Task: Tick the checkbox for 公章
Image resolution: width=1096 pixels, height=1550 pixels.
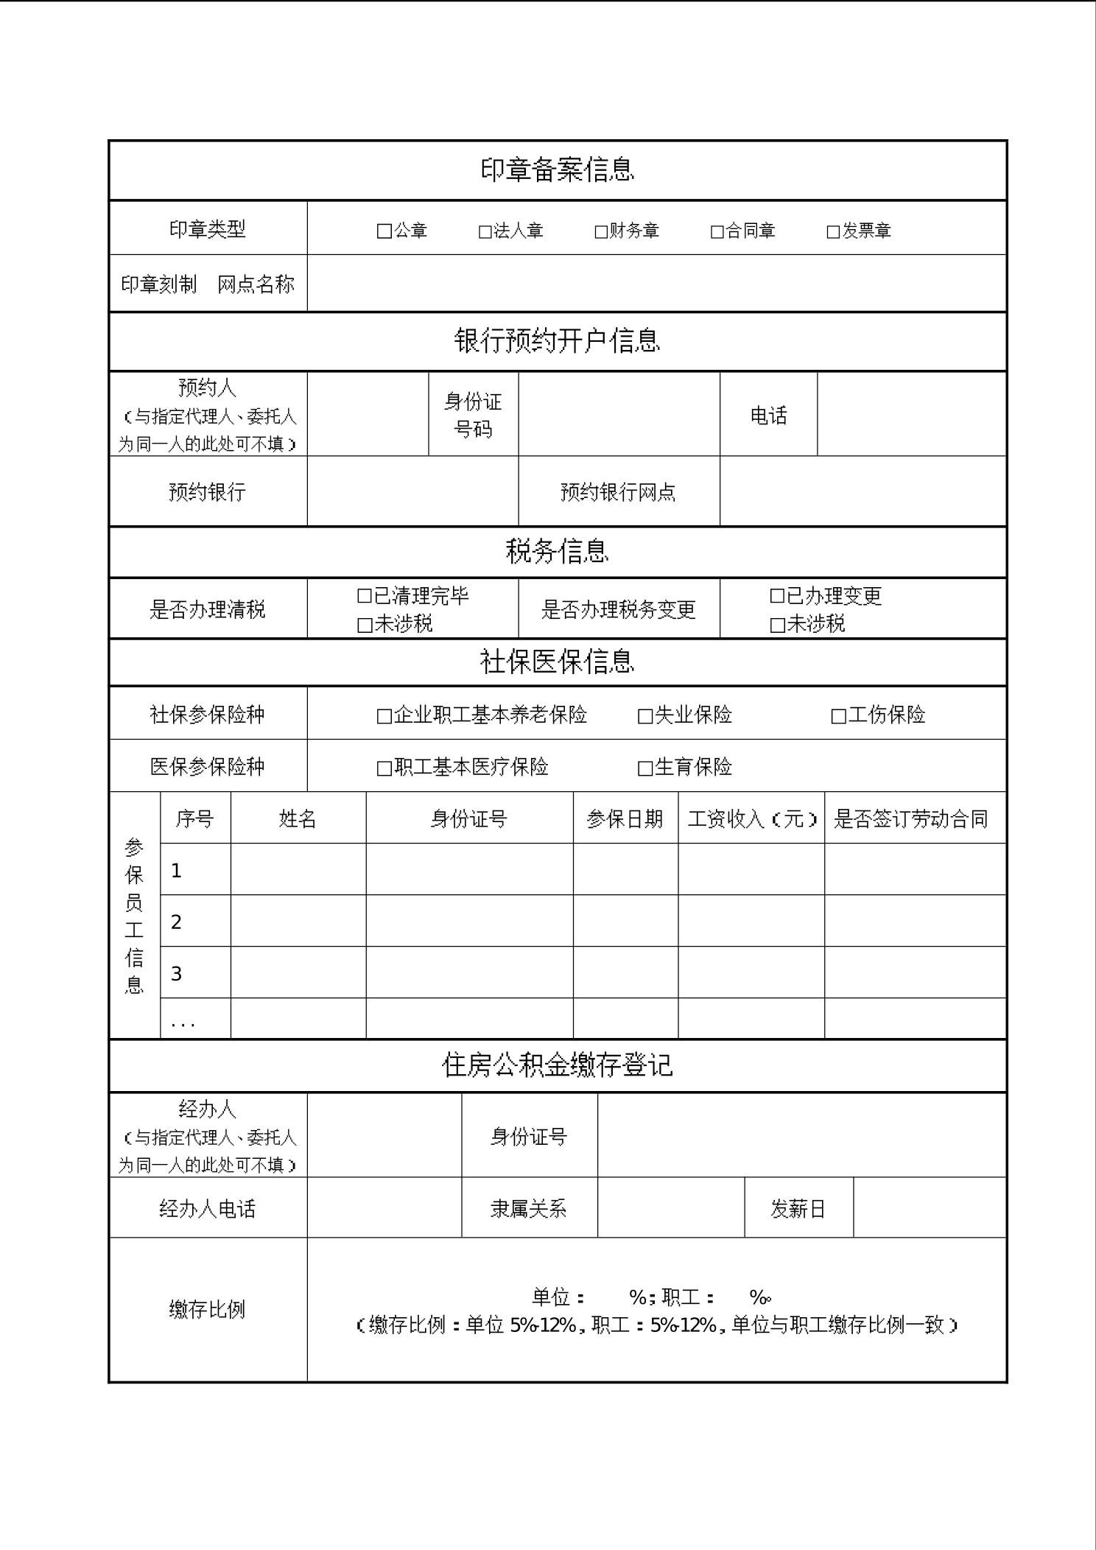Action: coord(384,231)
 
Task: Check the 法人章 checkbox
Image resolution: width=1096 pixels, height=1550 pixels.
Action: coord(485,232)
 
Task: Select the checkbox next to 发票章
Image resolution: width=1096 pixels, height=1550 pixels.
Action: coord(833,232)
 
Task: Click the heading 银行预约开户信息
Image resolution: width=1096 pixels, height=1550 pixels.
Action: coord(557,341)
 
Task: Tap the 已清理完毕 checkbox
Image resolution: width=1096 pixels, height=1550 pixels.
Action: coord(364,596)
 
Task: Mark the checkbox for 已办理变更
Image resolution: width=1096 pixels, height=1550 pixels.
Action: coord(777,596)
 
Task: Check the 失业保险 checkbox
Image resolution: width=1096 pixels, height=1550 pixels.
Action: coord(645,716)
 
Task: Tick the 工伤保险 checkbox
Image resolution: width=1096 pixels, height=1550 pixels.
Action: coord(838,716)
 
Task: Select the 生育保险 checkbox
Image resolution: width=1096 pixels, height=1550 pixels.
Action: coord(645,768)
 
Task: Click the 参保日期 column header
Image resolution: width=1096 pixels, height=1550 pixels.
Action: coord(625,819)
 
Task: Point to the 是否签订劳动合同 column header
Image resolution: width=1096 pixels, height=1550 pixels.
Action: coord(910,819)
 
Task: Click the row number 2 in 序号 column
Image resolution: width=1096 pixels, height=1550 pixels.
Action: coord(177,922)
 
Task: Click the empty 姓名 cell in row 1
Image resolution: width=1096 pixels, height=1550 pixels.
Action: coord(298,870)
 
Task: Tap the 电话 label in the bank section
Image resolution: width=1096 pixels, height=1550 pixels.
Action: coord(768,415)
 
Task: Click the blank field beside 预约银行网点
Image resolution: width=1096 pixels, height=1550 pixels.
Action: coord(863,491)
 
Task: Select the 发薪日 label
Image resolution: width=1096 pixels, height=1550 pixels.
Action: coord(798,1209)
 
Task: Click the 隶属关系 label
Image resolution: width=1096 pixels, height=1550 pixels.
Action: coord(528,1209)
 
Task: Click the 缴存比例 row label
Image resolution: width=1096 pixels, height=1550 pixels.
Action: coord(207,1309)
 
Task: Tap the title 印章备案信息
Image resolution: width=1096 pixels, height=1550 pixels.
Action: coord(557,170)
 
